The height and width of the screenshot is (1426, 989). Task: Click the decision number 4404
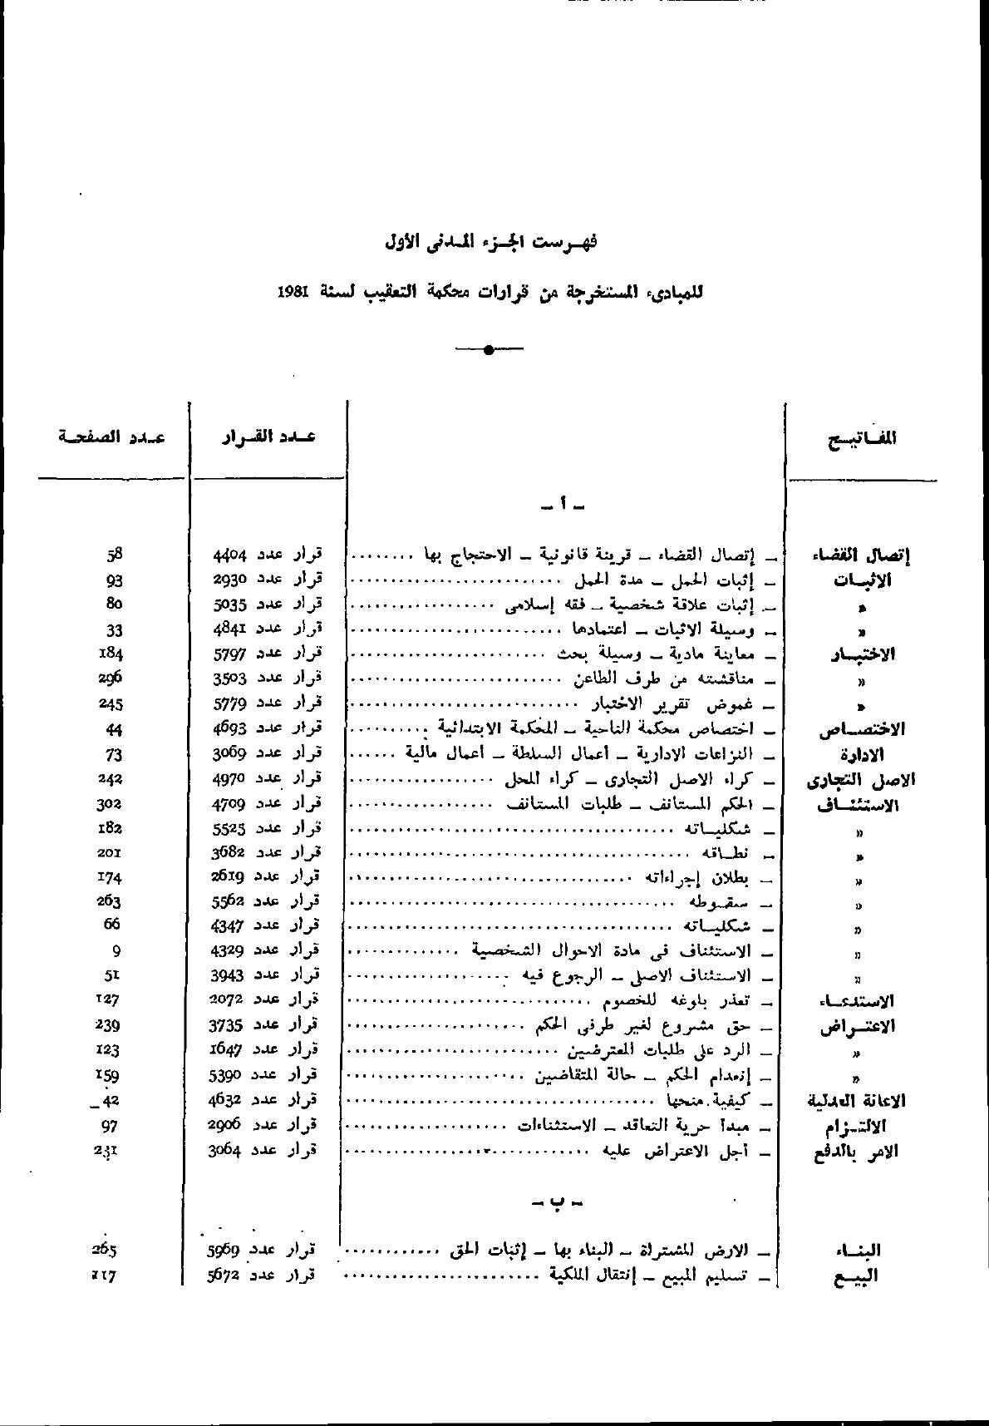coord(228,554)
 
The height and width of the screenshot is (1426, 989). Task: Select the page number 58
coord(115,554)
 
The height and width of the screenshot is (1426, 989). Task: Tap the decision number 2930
coord(228,579)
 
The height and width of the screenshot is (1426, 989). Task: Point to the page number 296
coord(111,678)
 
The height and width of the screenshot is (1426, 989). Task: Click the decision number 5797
coord(228,654)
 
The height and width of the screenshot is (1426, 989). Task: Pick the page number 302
coord(109,803)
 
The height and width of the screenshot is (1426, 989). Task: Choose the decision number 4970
coord(226,778)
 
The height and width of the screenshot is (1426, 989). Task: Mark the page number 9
coord(116,950)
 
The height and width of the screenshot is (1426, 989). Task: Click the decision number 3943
coord(226,974)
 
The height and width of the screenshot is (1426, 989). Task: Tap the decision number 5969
coord(224,1250)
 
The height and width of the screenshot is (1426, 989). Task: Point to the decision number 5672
coord(224,1274)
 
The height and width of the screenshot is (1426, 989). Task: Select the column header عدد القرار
coord(268,437)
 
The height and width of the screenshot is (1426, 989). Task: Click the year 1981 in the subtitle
coord(294,294)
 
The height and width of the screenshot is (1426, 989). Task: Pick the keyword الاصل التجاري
coord(861,780)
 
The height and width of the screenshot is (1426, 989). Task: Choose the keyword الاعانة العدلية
coord(857,1101)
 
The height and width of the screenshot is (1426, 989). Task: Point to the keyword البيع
coord(856,1276)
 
